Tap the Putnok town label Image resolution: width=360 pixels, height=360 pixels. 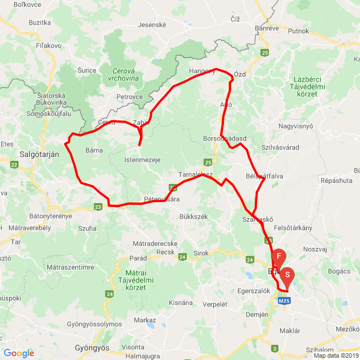[298, 31]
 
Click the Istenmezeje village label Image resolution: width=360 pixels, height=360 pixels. [142, 160]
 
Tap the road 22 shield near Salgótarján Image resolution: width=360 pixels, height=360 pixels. [14, 164]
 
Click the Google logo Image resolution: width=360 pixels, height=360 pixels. [19, 353]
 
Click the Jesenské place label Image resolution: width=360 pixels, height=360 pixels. [152, 25]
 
